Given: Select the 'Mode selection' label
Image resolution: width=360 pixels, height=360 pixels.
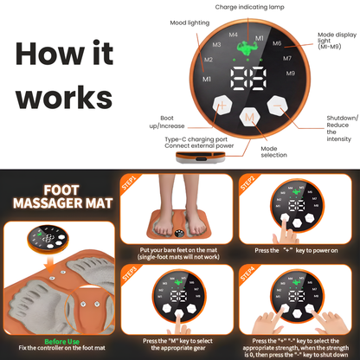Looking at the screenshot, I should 269,151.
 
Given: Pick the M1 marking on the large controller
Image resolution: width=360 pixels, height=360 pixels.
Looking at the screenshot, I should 206,79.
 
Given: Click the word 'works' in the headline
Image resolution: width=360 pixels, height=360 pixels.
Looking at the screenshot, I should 59,94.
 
